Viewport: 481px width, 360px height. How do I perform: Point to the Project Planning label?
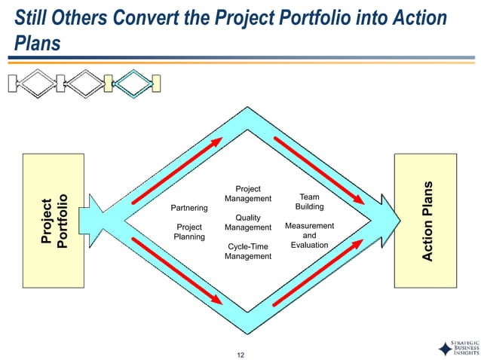click(x=189, y=231)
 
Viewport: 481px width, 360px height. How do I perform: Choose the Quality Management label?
click(x=247, y=222)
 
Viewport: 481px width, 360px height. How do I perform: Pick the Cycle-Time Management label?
click(x=247, y=251)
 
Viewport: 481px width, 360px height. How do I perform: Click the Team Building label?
click(x=309, y=201)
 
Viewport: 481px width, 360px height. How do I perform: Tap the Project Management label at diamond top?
click(x=247, y=194)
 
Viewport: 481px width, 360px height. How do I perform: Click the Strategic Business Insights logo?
click(x=456, y=347)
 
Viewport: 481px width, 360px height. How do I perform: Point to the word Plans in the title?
click(x=36, y=44)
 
